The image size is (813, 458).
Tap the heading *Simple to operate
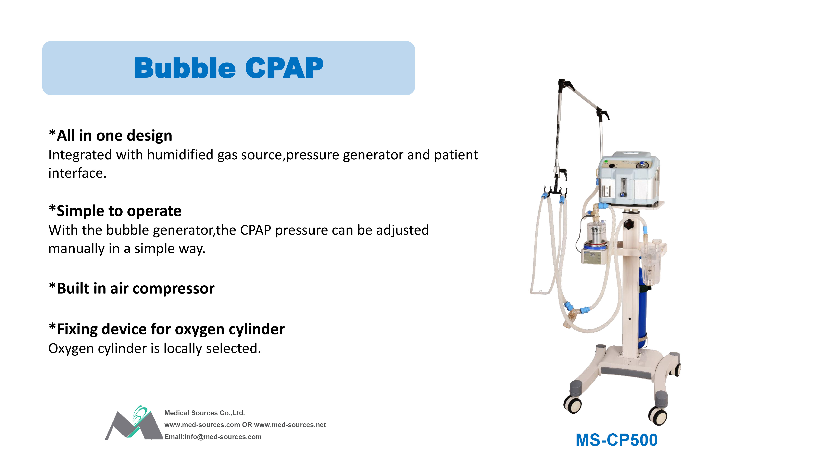(x=115, y=211)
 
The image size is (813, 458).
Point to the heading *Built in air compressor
(x=132, y=289)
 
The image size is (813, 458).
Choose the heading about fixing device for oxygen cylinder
(x=167, y=329)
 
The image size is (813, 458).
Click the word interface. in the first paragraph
(x=77, y=173)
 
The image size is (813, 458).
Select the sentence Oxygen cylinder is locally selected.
(x=155, y=349)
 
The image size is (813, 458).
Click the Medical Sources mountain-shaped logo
(x=134, y=424)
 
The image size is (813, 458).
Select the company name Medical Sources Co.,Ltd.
(x=204, y=413)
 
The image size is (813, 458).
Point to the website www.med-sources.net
(x=290, y=425)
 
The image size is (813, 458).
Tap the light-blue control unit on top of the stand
(x=628, y=179)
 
